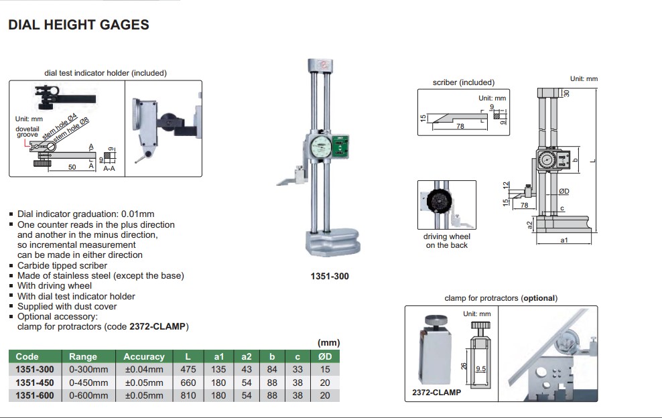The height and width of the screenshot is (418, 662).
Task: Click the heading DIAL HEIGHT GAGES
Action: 78,25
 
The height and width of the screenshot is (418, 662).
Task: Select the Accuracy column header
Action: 143,356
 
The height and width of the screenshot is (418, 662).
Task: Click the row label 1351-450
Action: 34,382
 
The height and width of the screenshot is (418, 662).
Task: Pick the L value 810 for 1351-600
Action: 188,395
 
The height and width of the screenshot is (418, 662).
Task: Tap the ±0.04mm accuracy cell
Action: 143,370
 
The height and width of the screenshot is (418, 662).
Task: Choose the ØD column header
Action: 324,356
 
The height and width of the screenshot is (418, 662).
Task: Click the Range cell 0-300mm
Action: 88,370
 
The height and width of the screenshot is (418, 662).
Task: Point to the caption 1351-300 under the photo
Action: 330,276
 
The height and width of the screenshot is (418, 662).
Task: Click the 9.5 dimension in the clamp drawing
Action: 480,368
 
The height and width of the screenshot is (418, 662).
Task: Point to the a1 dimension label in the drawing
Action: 564,239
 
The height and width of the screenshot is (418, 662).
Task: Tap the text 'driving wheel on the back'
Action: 447,241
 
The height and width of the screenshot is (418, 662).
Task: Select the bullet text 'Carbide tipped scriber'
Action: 62,265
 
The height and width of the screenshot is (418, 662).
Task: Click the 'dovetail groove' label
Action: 27,131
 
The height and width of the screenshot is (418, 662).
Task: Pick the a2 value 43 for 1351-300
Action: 247,370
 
